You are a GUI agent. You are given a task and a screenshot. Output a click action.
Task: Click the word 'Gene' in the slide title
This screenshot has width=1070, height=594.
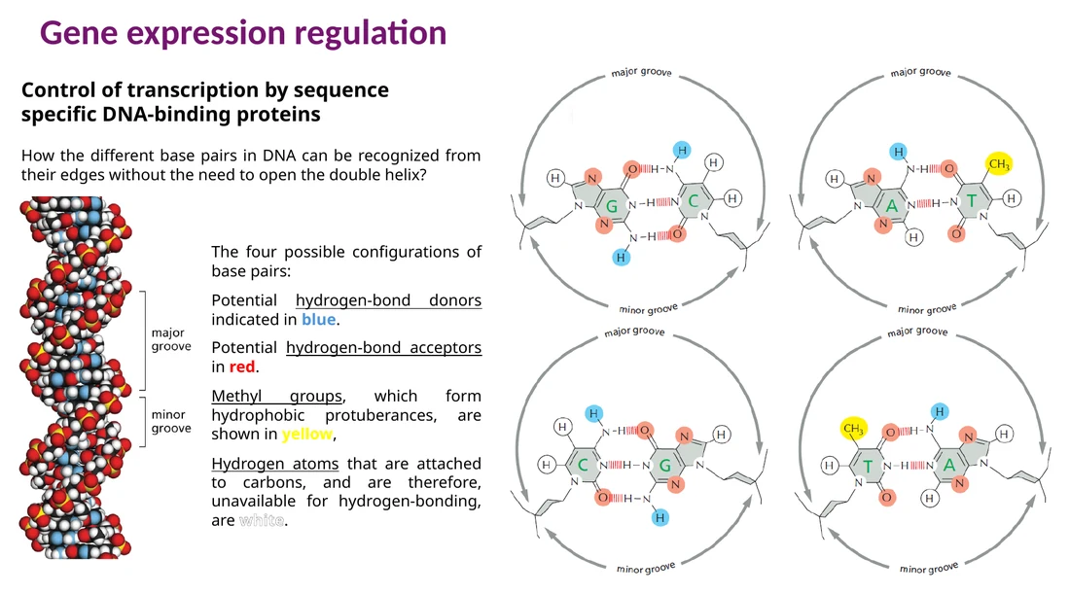(79, 33)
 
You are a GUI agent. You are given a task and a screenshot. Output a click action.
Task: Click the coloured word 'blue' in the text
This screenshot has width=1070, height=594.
(319, 320)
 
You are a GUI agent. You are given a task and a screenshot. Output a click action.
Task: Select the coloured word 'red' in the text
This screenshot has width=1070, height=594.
(242, 367)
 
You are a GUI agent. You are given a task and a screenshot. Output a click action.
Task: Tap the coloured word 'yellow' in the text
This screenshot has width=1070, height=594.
(307, 435)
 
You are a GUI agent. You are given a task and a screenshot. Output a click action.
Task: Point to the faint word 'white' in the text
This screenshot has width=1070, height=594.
(262, 521)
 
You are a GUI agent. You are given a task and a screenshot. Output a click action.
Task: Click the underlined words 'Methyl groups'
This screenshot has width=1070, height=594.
(277, 397)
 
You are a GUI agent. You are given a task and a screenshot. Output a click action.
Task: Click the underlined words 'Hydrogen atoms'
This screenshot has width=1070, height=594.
(275, 464)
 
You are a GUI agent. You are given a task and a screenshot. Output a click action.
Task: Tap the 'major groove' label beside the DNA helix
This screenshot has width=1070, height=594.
(171, 339)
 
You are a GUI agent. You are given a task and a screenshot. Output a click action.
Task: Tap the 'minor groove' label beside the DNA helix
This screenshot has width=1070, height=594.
(171, 422)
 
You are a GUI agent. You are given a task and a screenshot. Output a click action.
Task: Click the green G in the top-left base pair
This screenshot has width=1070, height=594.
(612, 205)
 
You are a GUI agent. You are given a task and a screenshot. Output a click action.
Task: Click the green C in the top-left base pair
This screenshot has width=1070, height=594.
(694, 201)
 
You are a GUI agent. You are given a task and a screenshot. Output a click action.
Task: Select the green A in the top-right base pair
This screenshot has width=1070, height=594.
(891, 205)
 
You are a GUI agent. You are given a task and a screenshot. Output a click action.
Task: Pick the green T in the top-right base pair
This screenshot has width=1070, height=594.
(971, 201)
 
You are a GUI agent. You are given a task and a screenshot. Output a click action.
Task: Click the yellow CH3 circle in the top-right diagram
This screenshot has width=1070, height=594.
(999, 163)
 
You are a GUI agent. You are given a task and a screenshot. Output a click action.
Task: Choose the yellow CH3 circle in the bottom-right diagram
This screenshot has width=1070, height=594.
(853, 429)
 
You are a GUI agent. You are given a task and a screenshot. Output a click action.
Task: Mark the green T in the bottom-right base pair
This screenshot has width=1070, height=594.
(868, 467)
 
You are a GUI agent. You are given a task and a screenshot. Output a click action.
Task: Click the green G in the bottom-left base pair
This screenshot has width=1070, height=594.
(664, 466)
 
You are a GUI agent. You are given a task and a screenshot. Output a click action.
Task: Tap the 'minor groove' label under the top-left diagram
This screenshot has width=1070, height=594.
(648, 309)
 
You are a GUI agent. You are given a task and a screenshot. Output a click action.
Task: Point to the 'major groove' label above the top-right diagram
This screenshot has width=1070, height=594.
(920, 72)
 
